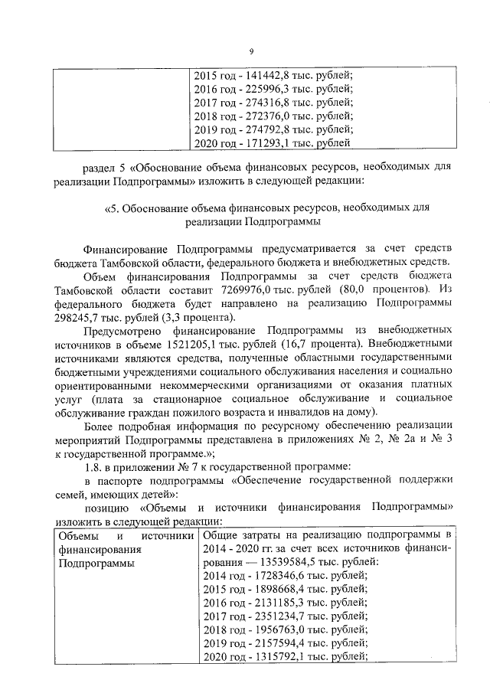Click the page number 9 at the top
tap(250, 51)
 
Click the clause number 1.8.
tap(96, 466)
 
